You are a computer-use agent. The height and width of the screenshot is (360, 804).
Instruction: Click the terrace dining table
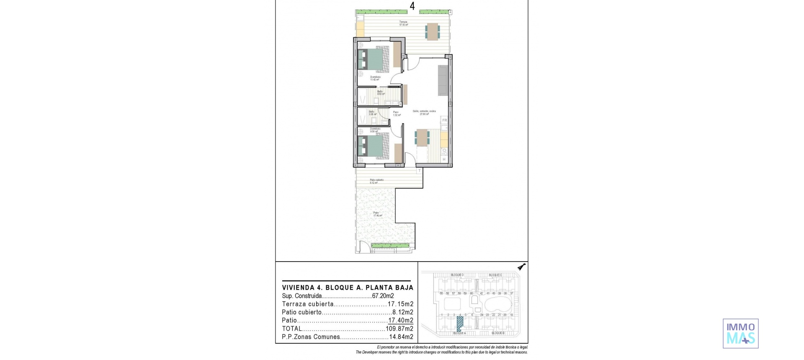(433, 31)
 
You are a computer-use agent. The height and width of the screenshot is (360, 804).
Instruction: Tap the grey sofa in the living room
(443, 80)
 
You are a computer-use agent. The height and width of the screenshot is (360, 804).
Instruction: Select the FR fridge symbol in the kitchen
(445, 121)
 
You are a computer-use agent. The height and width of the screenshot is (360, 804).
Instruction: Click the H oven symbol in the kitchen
(444, 159)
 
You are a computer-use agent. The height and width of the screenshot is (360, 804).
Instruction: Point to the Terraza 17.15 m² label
(403, 23)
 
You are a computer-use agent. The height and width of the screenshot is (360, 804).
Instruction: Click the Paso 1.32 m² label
(396, 113)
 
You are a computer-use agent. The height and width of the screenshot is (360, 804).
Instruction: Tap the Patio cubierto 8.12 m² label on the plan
(376, 181)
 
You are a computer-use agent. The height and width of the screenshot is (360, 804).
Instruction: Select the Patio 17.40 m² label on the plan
(376, 214)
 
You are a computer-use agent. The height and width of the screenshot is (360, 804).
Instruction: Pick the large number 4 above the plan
(412, 6)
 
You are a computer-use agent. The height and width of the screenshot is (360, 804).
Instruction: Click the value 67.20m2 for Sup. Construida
(383, 296)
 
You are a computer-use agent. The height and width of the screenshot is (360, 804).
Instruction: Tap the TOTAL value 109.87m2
(399, 329)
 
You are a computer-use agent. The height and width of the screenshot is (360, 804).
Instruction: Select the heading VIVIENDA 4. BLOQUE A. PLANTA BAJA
(348, 288)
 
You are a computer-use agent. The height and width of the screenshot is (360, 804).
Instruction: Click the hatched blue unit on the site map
(460, 324)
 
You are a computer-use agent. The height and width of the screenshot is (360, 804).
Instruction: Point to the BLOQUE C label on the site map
(495, 275)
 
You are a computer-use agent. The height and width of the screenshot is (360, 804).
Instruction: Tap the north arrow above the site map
(521, 267)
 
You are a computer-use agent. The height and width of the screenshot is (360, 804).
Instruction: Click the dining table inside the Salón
(422, 138)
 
